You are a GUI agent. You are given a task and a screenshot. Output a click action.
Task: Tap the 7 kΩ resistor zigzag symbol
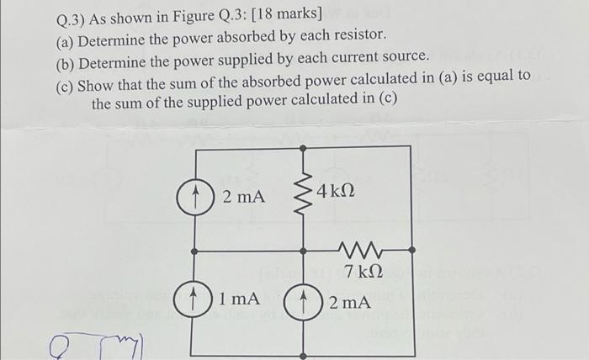(363, 250)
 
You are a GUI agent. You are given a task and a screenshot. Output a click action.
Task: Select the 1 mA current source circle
(194, 299)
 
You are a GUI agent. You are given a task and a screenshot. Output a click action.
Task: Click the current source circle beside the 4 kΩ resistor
(194, 198)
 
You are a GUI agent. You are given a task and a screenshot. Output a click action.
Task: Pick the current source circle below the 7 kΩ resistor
(302, 300)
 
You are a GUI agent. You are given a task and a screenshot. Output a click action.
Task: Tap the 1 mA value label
(237, 298)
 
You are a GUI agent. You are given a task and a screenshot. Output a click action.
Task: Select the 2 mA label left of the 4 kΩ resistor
(243, 197)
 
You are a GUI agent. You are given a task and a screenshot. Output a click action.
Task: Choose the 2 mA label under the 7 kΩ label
(348, 300)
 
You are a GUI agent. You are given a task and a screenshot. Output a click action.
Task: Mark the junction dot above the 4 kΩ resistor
(302, 147)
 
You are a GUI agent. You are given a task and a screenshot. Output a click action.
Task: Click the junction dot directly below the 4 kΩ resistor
(302, 251)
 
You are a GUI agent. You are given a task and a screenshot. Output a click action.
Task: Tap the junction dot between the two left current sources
(194, 251)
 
